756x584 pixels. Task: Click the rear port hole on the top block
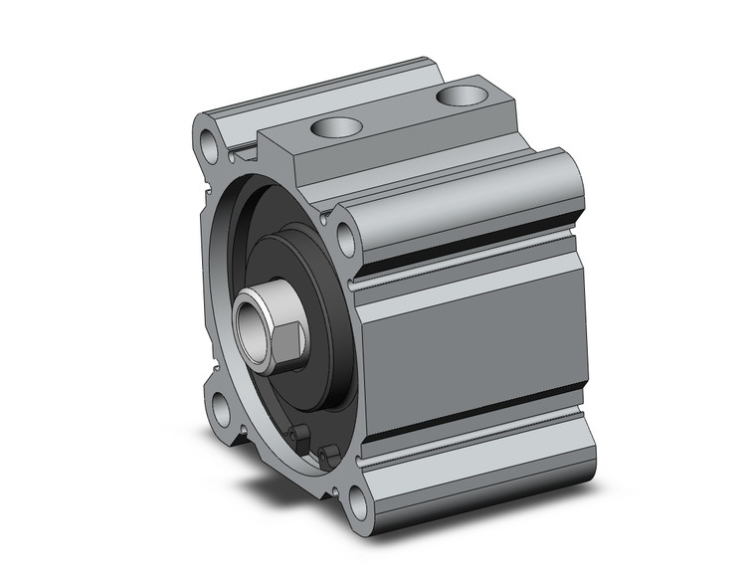pos(459,96)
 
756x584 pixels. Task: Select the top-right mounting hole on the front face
pos(346,239)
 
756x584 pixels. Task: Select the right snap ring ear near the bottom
pos(327,457)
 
